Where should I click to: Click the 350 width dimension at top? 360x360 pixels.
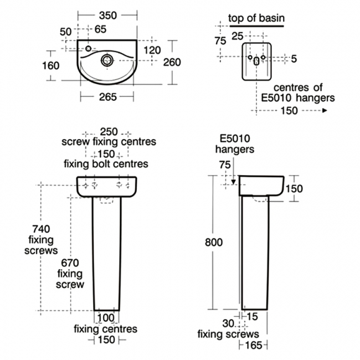(x=107, y=16)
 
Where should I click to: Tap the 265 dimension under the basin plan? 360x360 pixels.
(x=107, y=97)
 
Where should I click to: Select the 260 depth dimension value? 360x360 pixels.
(x=172, y=62)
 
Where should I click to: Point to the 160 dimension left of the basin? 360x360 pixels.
(x=50, y=65)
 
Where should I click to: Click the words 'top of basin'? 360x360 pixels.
(x=256, y=18)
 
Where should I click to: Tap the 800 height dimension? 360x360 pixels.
(x=214, y=242)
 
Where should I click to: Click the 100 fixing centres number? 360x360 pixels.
(x=105, y=318)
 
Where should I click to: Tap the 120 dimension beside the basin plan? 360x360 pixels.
(x=152, y=50)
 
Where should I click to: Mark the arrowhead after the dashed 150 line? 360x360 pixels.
(x=325, y=110)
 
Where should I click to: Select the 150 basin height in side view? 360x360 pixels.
(x=294, y=189)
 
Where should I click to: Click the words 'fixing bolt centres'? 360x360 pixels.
(x=106, y=163)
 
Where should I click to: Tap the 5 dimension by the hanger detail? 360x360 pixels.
(x=293, y=59)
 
